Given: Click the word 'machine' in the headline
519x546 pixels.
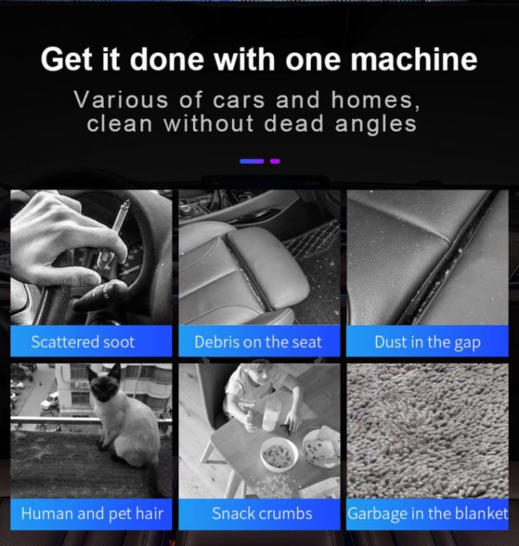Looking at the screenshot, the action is coord(413,59).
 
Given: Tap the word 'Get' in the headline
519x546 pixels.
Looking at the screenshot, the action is coord(67,59).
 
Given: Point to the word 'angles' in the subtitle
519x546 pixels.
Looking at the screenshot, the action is coord(376,125).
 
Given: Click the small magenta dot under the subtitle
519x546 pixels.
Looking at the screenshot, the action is coord(275,161).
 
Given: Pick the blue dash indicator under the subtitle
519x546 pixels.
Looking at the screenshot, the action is coord(251,161).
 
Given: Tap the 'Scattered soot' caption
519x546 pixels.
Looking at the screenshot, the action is coord(83,342).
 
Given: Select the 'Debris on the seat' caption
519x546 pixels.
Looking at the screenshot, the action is coord(258,342).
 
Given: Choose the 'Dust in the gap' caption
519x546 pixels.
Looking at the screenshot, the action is coord(427,343).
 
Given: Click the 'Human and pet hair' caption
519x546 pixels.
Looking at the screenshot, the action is coord(92,514).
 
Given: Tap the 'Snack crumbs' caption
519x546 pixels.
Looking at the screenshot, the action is coord(262,514).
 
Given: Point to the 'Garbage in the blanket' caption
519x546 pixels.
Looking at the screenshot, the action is coord(427,514).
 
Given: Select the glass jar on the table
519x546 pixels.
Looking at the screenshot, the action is coord(271,416).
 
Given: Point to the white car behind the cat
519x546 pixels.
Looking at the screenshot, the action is coord(50,401).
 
